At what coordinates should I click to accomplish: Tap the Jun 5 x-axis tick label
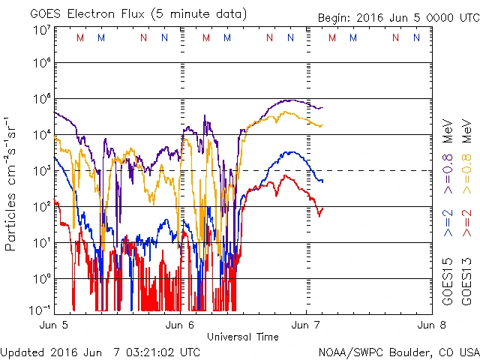(53, 325)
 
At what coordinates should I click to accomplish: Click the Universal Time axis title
(242, 337)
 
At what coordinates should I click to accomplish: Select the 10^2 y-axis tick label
(42, 205)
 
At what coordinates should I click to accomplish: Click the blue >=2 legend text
(448, 223)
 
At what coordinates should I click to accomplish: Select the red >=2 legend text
(466, 223)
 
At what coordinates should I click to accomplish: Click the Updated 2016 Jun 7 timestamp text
(100, 351)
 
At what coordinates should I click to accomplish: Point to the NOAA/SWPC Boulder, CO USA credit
(398, 351)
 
